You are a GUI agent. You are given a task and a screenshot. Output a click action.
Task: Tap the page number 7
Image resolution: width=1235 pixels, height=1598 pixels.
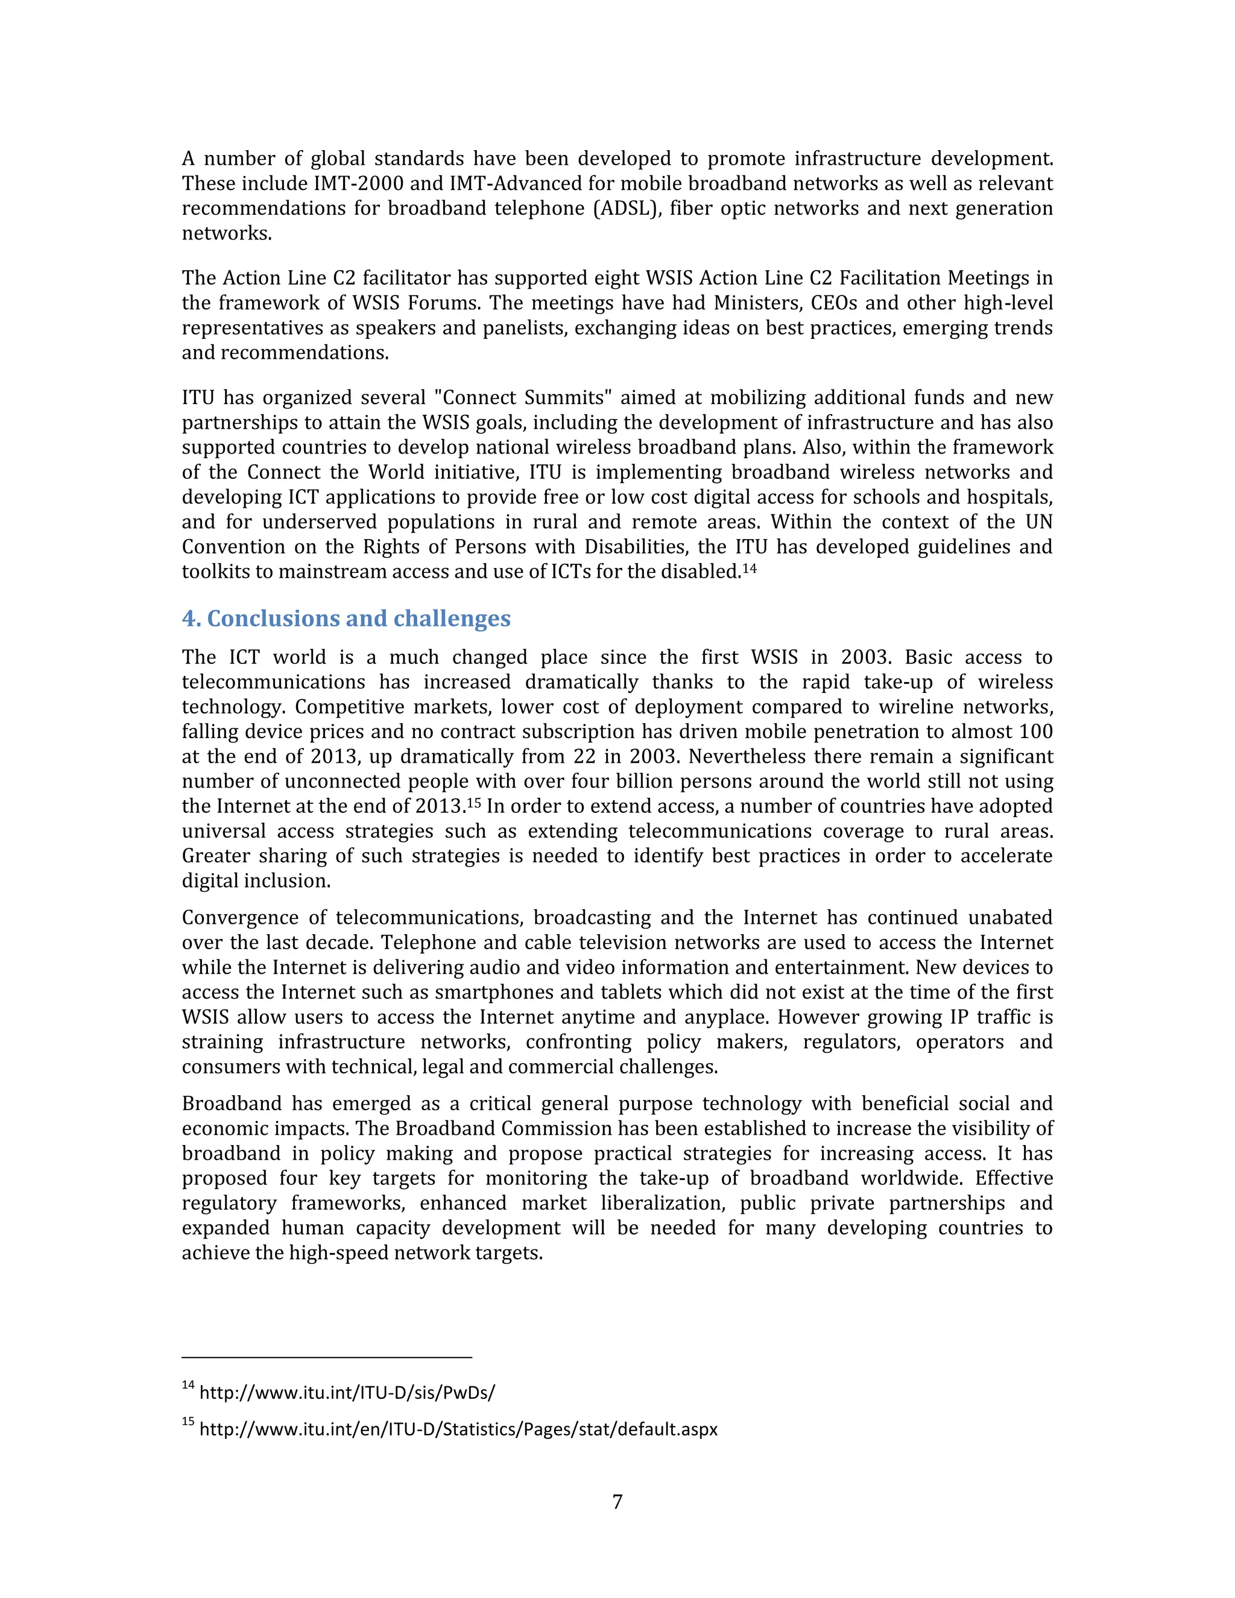coord(617,1502)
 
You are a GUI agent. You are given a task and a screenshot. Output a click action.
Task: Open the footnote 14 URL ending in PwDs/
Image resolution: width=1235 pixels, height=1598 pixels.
coord(347,1392)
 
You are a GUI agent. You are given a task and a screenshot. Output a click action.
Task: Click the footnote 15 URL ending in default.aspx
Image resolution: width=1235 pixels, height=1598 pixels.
coord(458,1429)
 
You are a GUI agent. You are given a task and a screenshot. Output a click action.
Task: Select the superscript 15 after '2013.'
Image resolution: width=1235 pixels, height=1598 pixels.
coord(473,802)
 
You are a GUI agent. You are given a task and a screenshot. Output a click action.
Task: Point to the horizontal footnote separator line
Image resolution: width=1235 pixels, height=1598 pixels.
coord(326,1357)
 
